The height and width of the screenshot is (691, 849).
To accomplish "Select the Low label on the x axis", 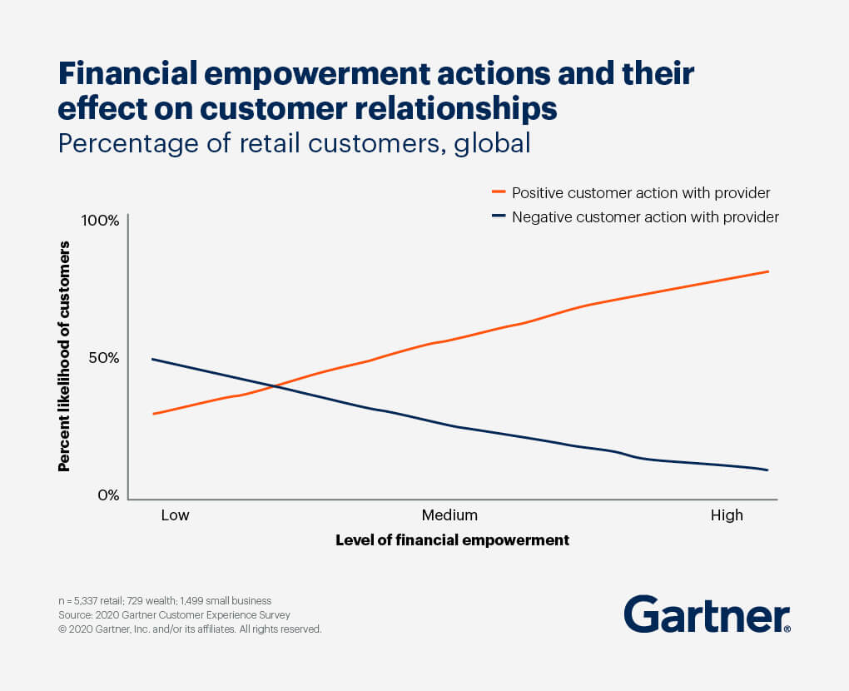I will [175, 515].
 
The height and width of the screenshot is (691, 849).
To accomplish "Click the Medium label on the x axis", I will [449, 515].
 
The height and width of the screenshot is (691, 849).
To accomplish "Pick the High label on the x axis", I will [727, 515].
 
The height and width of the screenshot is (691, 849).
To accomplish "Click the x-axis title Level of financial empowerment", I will [452, 540].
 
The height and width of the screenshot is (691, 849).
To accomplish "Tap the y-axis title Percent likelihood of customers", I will [64, 356].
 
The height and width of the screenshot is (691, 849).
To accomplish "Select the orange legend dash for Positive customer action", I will [499, 192].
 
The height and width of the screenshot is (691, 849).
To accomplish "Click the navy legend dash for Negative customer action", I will [499, 217].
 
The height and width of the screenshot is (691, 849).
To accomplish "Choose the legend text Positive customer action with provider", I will [640, 193].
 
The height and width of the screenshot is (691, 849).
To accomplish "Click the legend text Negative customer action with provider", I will [645, 218].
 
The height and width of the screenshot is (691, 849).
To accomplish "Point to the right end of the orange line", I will [767, 271].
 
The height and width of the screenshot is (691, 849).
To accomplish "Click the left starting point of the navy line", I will [152, 359].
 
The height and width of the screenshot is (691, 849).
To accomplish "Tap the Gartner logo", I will [707, 614].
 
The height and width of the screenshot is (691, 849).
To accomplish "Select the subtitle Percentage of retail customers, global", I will [294, 143].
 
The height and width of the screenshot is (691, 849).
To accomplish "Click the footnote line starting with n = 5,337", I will [165, 600].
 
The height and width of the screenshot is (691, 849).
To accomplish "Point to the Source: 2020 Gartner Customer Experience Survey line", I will [174, 615].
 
